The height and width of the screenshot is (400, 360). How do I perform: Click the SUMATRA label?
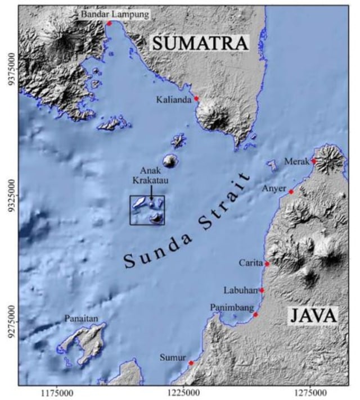[200, 43]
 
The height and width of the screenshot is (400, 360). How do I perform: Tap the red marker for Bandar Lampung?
[109, 23]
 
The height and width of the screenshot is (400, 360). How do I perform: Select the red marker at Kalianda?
[196, 98]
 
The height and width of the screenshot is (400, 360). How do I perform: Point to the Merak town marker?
[313, 161]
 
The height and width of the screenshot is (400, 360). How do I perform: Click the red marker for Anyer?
[291, 192]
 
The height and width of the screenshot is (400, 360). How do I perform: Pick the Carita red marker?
[267, 263]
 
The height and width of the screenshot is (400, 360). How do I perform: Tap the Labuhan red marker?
[262, 290]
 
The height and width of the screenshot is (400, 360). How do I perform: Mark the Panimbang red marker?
[255, 315]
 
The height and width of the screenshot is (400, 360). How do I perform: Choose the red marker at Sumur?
[191, 363]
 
